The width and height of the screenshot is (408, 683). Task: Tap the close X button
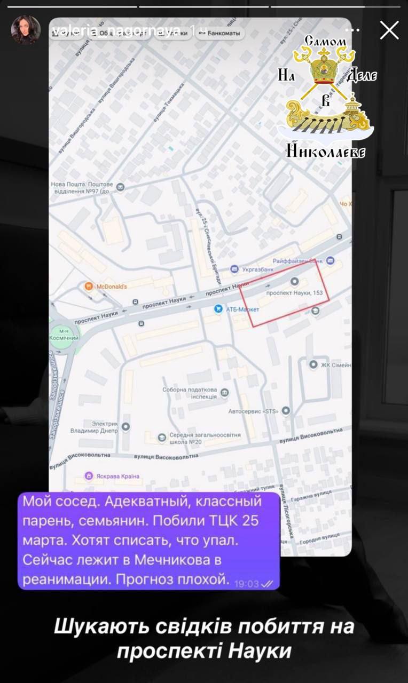[389, 30]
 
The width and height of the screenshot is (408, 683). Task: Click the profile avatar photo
[26, 30]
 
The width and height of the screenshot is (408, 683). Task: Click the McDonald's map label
[111, 287]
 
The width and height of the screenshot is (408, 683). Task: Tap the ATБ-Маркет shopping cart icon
[218, 308]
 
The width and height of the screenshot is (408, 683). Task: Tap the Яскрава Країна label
[117, 476]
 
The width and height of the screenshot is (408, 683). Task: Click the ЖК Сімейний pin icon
[313, 364]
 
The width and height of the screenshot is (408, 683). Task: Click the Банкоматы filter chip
[219, 33]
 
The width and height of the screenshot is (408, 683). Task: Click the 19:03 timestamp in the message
[246, 584]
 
